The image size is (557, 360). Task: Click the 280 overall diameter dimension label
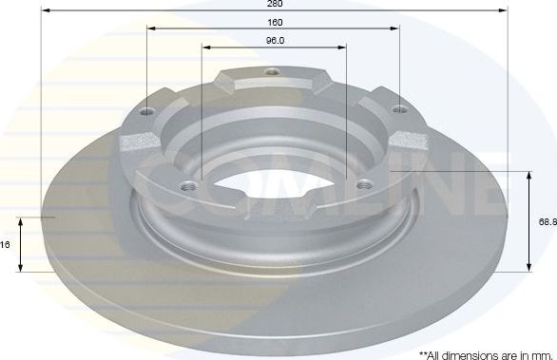[x=275, y=4]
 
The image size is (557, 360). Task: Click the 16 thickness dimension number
[x=6, y=244]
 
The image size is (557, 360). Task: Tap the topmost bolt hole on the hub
[x=273, y=72]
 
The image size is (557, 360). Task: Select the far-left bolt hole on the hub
[x=148, y=111]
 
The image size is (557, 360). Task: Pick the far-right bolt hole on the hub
[x=397, y=111]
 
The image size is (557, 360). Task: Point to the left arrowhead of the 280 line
[x=46, y=10]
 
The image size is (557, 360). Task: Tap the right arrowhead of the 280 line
[x=504, y=10]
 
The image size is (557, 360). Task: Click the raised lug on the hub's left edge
[x=138, y=142]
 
